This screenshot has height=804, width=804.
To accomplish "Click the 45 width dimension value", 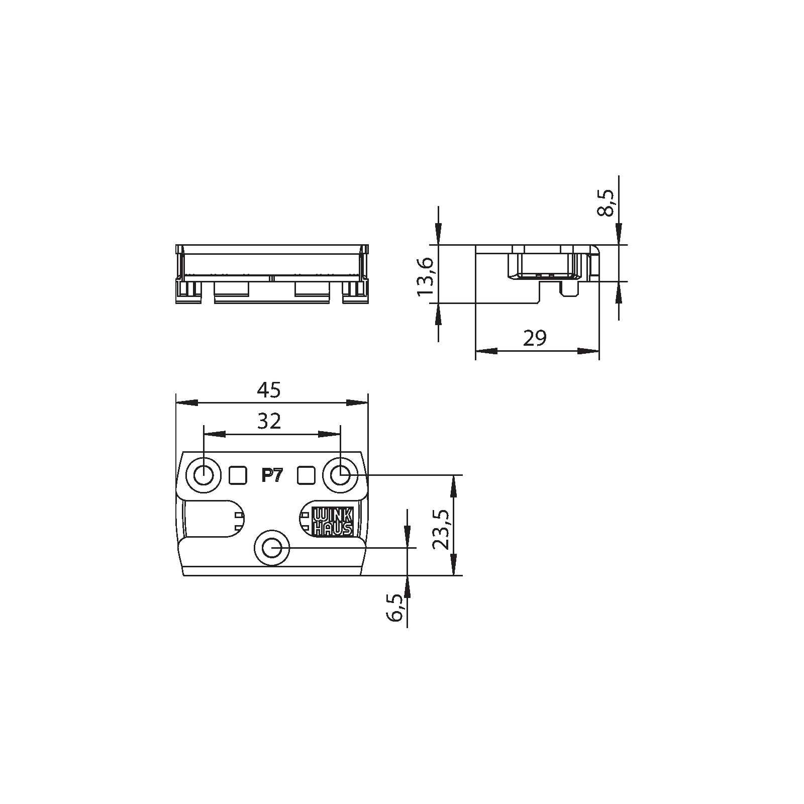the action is tap(269, 390).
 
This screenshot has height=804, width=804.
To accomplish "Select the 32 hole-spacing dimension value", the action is tap(269, 422).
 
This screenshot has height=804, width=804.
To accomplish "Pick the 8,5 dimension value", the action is tap(606, 203).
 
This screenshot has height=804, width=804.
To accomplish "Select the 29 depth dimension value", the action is tap(535, 339).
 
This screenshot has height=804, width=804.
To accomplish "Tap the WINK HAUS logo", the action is tap(333, 522).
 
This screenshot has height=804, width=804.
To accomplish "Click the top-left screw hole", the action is tap(204, 474).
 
